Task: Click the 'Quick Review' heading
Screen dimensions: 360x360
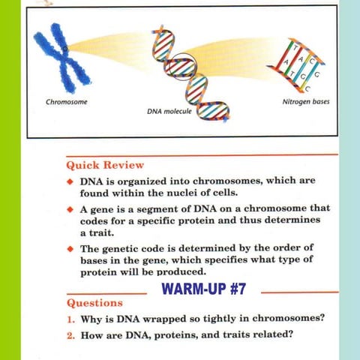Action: [x=105, y=164]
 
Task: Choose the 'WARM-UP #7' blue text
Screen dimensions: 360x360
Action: [x=204, y=289]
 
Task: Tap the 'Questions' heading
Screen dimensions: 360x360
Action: [x=94, y=304]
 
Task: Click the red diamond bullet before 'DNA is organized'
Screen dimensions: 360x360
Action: [x=70, y=182]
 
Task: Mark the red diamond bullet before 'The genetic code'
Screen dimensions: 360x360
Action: [x=70, y=247]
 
